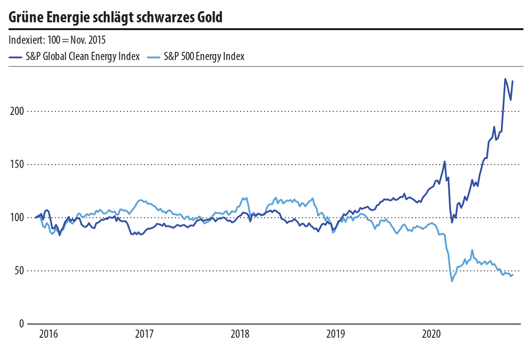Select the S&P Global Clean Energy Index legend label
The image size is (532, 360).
tap(83, 57)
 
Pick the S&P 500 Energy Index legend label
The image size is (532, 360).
tap(204, 57)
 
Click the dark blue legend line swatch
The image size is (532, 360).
tap(16, 57)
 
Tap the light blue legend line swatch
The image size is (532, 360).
tap(153, 57)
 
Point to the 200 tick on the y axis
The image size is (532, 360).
tap(16, 111)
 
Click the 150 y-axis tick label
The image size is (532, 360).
tap(16, 164)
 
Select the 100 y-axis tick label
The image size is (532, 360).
tap(16, 218)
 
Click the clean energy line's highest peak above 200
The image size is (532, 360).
tap(505, 79)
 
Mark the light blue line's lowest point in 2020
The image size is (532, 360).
tap(452, 281)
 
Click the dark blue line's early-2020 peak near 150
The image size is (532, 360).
tap(444, 161)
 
